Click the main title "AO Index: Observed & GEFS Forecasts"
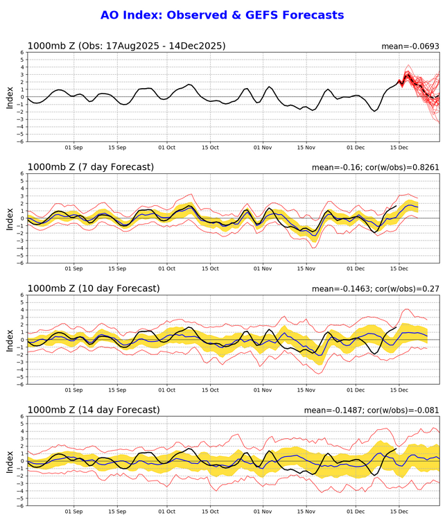coord(222,15)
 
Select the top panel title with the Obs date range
coord(126,46)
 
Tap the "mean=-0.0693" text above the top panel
coord(410,46)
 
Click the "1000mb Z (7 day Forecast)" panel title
coord(90,167)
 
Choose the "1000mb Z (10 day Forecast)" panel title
coord(93,288)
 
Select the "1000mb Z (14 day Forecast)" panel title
coord(93,410)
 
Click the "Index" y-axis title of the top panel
coord(10,97)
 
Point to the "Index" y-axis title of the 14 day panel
coord(10,461)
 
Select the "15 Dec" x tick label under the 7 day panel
coord(399,269)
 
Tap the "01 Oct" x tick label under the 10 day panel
coord(166,390)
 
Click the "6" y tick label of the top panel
coord(23,53)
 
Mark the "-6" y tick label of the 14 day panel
coord(21,505)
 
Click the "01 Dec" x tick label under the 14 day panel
coord(356,512)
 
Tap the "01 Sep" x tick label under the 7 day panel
coord(73,269)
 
